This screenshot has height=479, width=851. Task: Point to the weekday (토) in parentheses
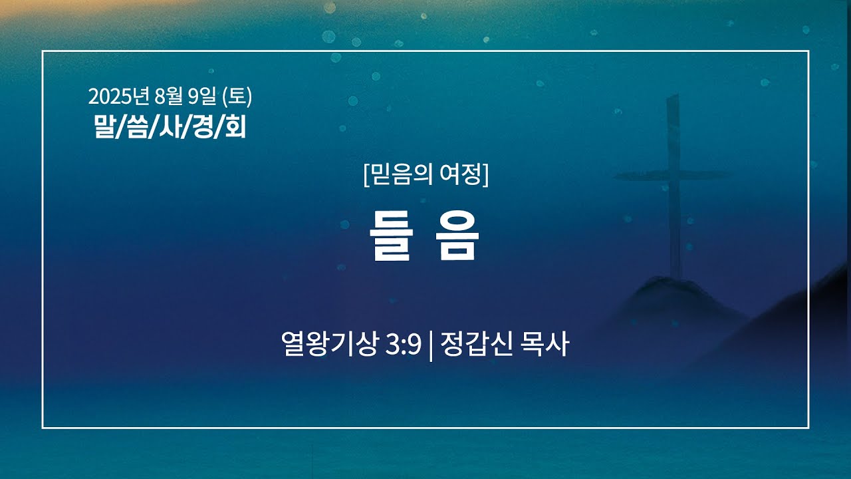237,96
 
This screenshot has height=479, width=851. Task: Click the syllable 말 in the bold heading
104,126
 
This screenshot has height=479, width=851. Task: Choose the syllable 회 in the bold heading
235,126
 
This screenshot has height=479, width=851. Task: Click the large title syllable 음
457,236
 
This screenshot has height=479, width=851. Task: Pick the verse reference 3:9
403,345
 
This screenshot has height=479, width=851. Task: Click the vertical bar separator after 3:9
430,346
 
